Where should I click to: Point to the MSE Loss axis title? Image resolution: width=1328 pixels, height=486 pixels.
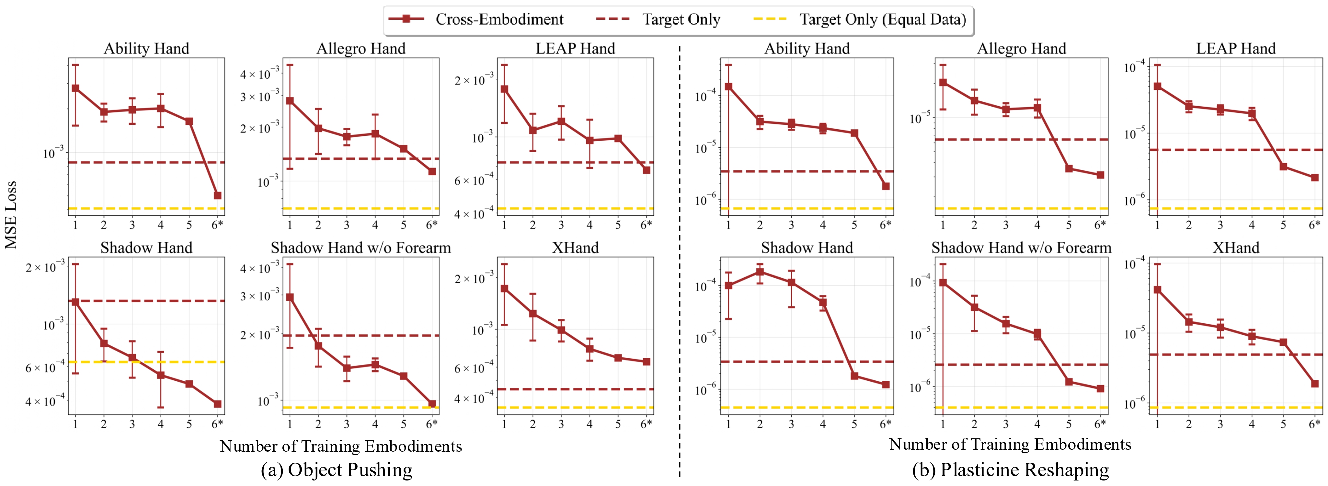click(x=11, y=214)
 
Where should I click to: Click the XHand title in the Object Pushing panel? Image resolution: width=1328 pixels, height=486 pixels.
click(x=575, y=248)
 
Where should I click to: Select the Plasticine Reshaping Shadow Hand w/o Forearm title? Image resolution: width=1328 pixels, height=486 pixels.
click(x=1021, y=248)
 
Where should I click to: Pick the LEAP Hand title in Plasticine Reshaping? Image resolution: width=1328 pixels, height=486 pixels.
click(x=1236, y=49)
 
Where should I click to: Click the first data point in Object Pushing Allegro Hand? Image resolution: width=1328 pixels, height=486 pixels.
click(x=290, y=101)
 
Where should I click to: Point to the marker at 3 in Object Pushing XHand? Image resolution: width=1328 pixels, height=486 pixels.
click(x=561, y=330)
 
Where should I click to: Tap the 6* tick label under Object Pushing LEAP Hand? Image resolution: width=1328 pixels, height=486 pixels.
click(x=646, y=225)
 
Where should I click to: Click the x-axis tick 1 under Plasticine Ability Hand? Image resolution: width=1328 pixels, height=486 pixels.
click(x=728, y=225)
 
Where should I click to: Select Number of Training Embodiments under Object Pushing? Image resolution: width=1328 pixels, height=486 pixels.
click(x=341, y=446)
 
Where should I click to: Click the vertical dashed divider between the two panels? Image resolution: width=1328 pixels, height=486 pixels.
click(x=680, y=258)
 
